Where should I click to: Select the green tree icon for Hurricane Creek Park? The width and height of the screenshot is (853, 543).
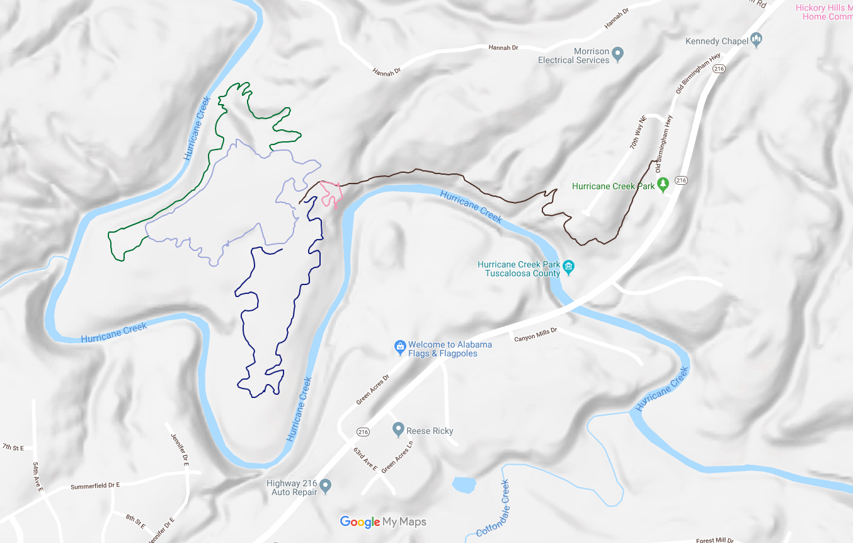tap(663, 184)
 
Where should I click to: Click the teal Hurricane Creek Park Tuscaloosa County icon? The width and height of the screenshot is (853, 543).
tap(568, 267)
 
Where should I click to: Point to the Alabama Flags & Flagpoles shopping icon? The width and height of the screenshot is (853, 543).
tap(399, 346)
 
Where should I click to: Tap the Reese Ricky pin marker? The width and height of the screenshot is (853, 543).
tap(398, 430)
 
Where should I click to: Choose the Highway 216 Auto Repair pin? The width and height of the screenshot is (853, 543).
tap(325, 486)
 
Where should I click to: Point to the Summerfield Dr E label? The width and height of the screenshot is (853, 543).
tap(95, 486)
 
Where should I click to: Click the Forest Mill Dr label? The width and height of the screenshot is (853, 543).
tap(714, 540)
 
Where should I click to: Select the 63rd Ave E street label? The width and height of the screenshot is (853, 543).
tap(365, 460)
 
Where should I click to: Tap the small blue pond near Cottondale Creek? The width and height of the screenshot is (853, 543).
tap(464, 484)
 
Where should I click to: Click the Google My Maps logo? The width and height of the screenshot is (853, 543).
tap(383, 522)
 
